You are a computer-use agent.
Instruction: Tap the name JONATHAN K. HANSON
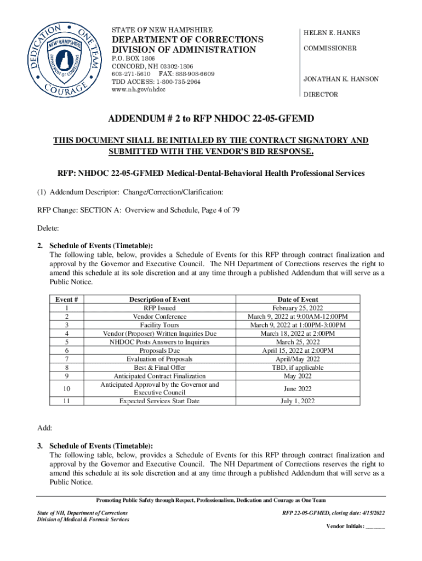click(341, 79)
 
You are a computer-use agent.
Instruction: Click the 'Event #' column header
click(66, 299)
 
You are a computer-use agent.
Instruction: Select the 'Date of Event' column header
click(298, 299)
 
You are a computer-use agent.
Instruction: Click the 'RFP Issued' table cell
click(159, 308)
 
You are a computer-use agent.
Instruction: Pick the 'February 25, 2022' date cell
click(298, 308)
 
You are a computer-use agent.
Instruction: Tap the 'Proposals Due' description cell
click(159, 351)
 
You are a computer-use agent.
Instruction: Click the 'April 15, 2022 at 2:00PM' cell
click(298, 351)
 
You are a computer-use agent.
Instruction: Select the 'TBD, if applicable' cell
click(298, 368)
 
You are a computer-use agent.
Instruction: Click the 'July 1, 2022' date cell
click(298, 401)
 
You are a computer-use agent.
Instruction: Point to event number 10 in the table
click(66, 388)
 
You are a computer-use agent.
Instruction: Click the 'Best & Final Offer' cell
click(159, 368)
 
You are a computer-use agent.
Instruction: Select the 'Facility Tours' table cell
click(159, 325)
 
